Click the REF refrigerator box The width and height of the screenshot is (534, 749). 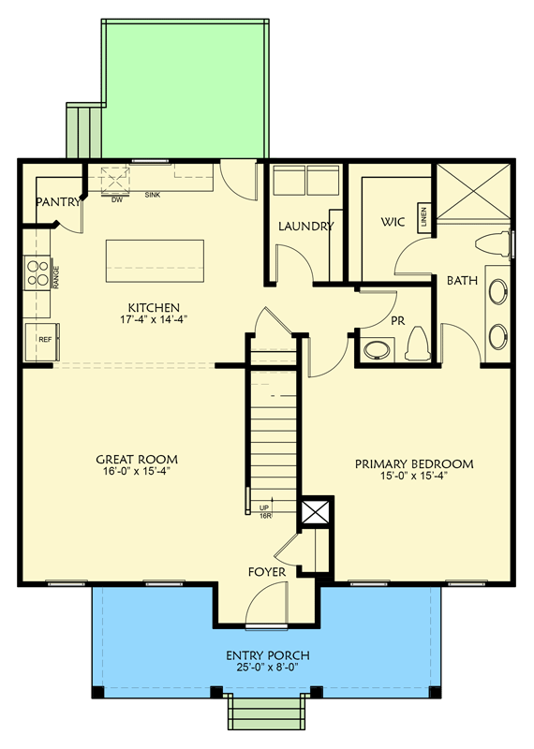point(45,340)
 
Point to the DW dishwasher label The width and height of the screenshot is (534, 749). point(117,198)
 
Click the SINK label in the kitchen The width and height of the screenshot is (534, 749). point(153,196)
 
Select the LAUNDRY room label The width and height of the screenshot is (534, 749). point(306,226)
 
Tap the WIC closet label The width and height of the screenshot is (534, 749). point(392,223)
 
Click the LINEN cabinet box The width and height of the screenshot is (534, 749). point(423,217)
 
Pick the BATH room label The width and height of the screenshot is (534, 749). point(462,280)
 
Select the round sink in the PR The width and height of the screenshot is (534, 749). point(378,351)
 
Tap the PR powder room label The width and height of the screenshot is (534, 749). point(397,319)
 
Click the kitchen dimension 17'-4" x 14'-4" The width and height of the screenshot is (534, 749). point(155,319)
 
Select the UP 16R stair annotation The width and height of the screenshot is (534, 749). point(265,511)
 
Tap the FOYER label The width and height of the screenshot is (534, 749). point(266,571)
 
